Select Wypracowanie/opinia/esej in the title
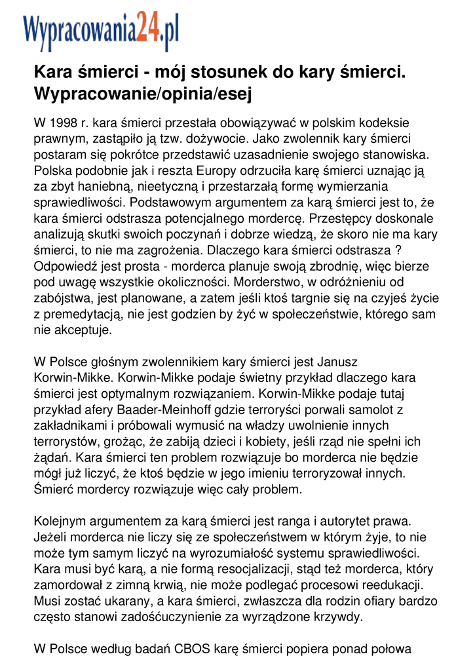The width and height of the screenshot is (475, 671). coord(143,94)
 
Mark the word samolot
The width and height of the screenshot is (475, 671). coord(379,410)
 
